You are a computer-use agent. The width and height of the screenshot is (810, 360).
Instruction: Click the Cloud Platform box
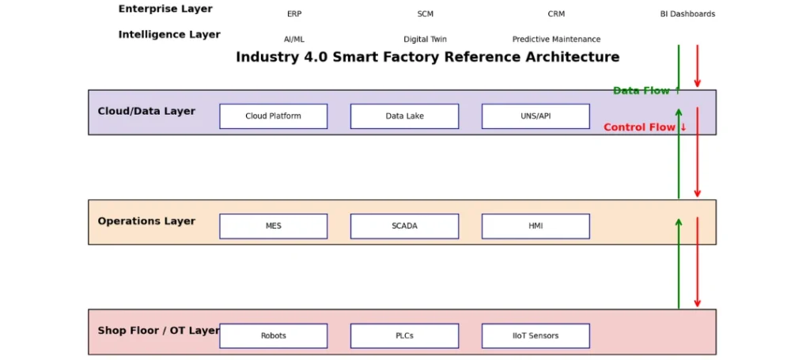pos(273,116)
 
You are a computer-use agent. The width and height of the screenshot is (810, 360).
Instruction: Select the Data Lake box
pos(404,116)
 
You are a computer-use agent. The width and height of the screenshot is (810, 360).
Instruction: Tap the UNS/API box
pos(536,116)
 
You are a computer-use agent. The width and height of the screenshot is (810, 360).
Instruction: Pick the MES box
pos(273,226)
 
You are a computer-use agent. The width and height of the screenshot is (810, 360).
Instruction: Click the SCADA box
pos(404,226)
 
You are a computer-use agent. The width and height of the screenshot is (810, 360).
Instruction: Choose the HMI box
pos(536,226)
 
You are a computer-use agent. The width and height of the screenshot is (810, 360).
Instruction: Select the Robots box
pos(273,335)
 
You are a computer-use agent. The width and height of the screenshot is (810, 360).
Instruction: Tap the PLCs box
pos(404,335)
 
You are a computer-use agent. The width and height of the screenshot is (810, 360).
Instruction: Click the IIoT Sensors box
pos(536,335)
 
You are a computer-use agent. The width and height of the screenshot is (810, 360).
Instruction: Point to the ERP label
pos(294,14)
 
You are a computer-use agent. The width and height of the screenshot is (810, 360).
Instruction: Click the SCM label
pos(425,14)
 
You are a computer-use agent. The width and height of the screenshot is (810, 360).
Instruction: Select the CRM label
pos(556,14)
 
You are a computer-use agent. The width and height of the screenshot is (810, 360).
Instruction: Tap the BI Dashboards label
pos(687,14)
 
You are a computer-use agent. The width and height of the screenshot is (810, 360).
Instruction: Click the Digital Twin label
pos(425,40)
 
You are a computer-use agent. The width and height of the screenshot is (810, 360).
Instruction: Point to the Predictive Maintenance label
pos(556,40)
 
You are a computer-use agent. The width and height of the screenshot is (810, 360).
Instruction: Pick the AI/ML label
pos(294,40)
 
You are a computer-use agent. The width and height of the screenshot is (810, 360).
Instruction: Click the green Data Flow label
pos(647,91)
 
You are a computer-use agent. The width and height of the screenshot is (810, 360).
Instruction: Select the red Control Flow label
pos(645,127)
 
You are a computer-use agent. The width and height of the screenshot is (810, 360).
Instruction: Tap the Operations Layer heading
pos(146,221)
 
